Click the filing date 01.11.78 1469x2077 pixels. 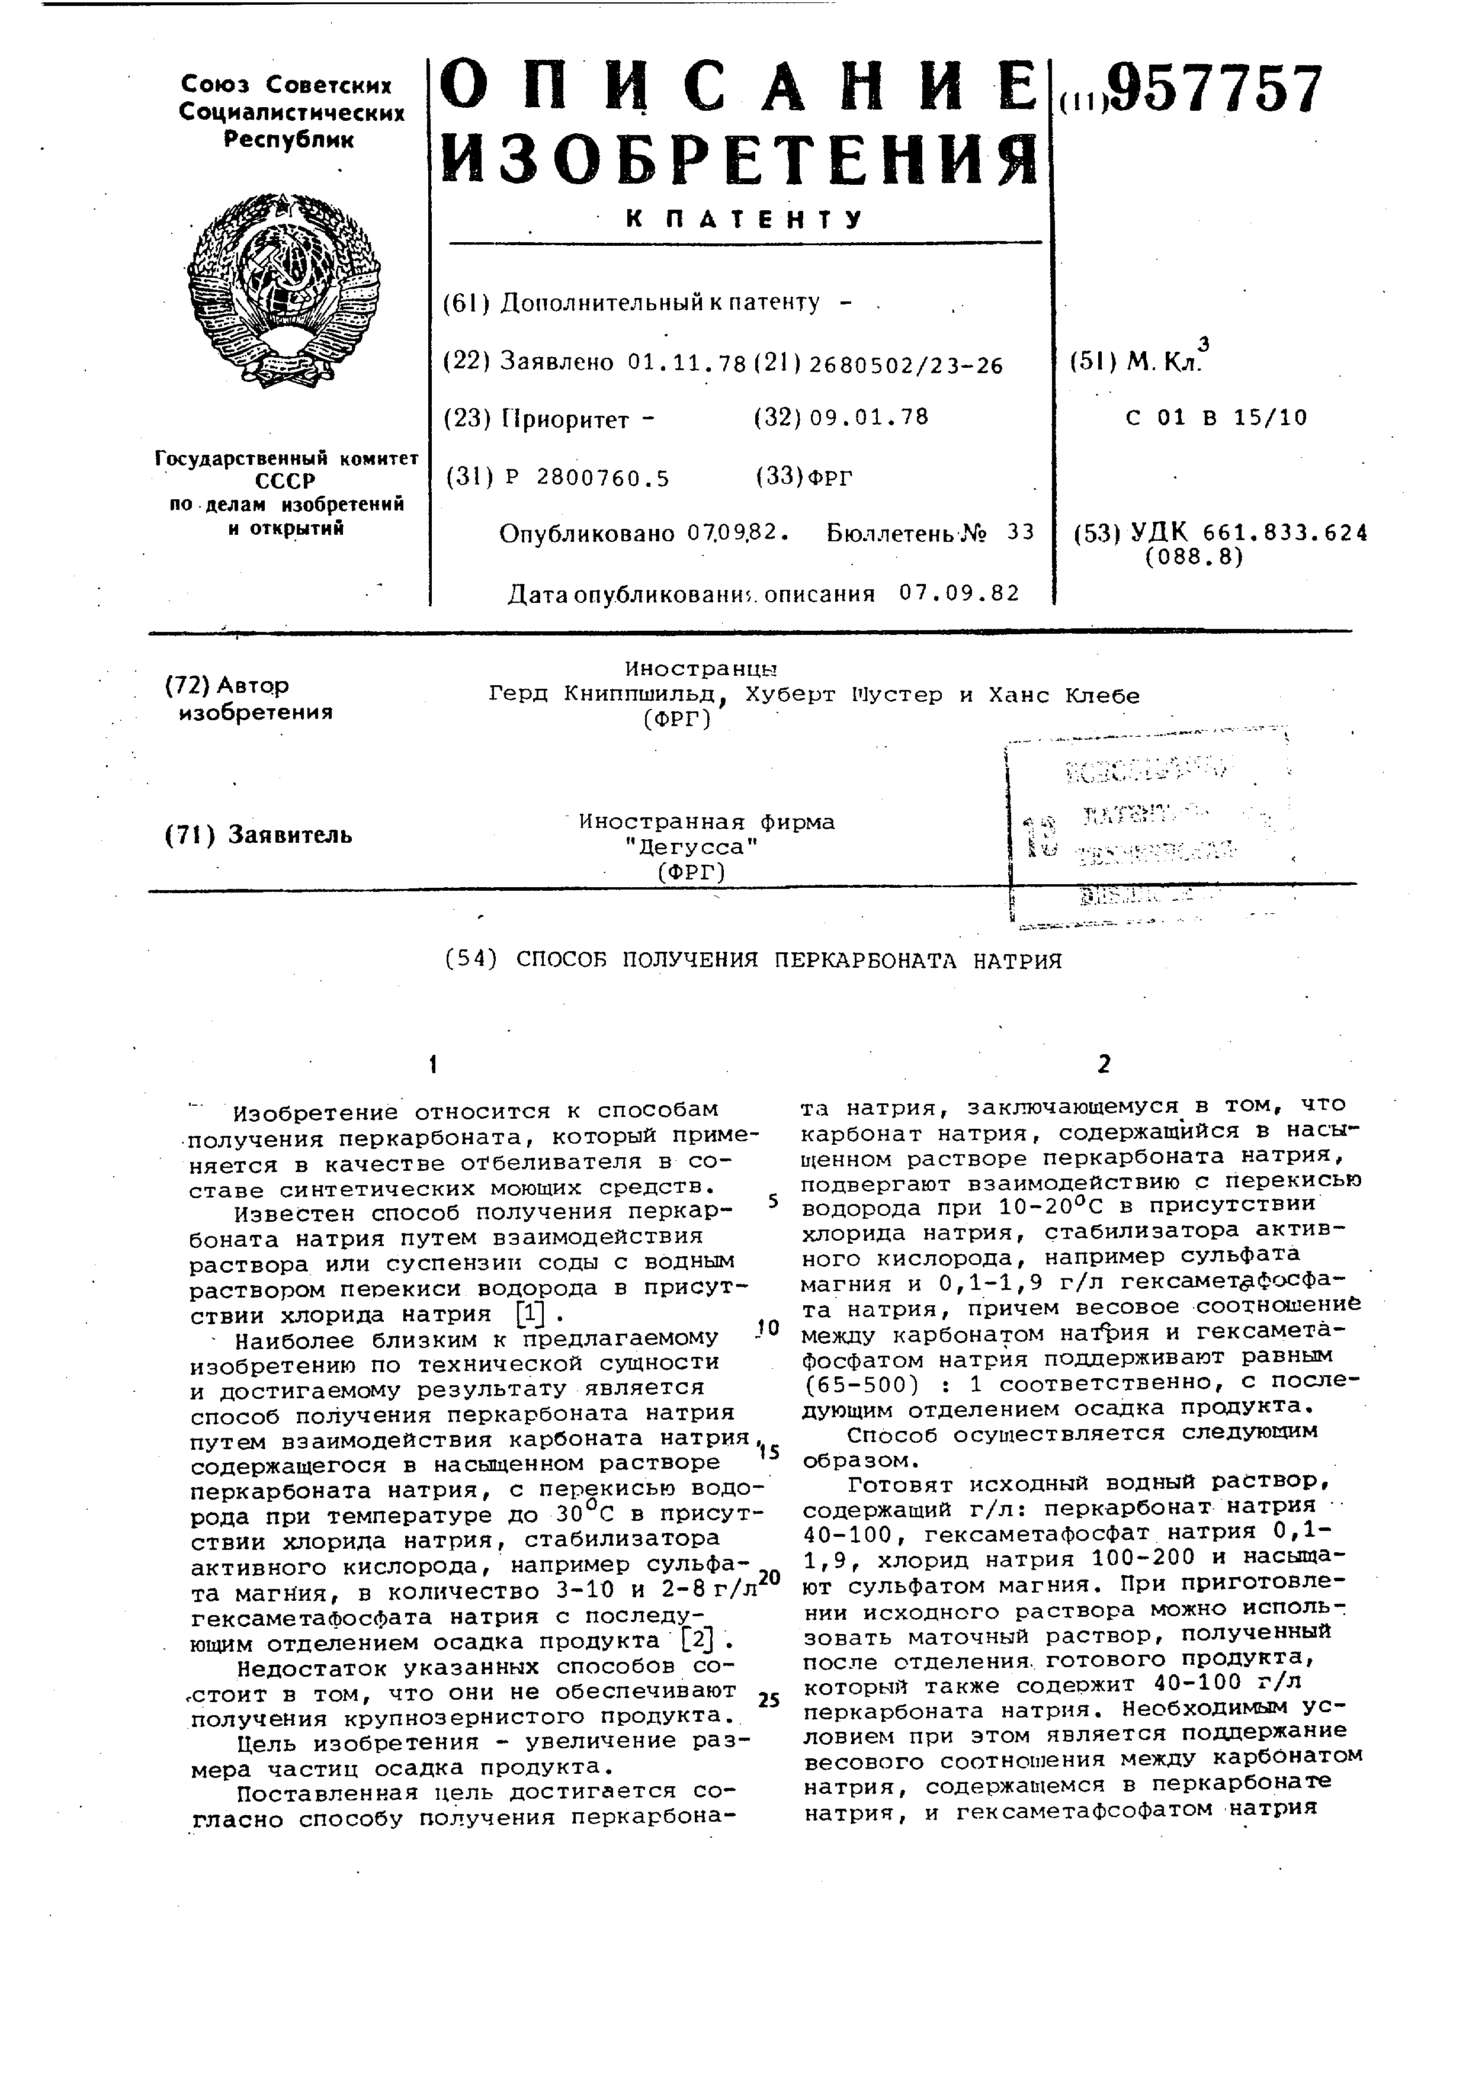click(687, 364)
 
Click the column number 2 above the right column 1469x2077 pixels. click(1103, 1065)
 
